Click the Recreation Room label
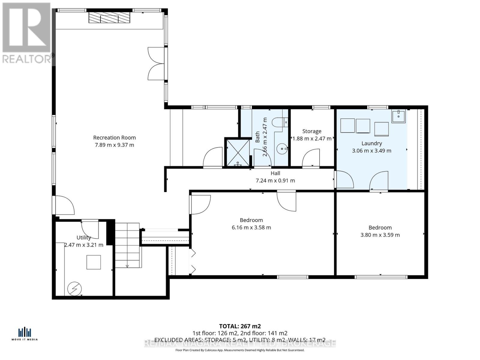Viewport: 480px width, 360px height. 114,138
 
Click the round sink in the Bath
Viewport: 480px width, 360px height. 282,148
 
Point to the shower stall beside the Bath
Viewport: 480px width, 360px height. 237,152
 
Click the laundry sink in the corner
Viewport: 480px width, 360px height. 398,116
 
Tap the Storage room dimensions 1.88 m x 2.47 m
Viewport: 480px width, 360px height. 312,139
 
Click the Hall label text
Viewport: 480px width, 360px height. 275,173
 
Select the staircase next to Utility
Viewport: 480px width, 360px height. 127,245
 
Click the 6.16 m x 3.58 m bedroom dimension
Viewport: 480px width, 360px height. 251,227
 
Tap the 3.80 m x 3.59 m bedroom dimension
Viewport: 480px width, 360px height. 380,235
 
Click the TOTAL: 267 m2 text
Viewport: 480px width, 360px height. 240,326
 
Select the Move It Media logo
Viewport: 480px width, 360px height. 25,334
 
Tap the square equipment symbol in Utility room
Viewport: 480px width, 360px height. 94,262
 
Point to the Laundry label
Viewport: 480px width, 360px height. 372,143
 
